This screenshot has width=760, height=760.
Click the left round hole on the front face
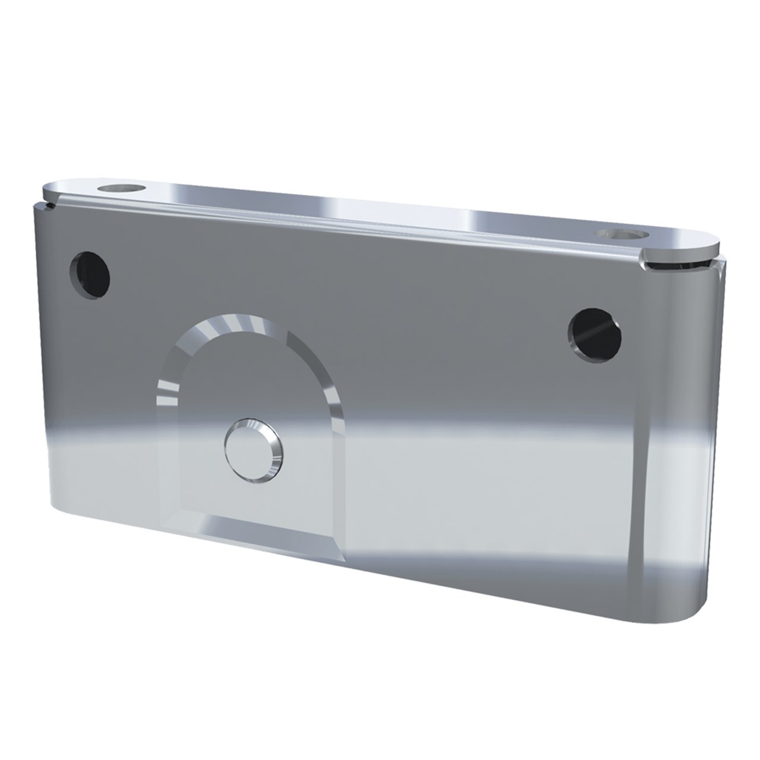[90, 275]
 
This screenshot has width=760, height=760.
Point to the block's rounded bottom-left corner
[56, 505]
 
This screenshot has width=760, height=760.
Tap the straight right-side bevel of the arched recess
[332, 416]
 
